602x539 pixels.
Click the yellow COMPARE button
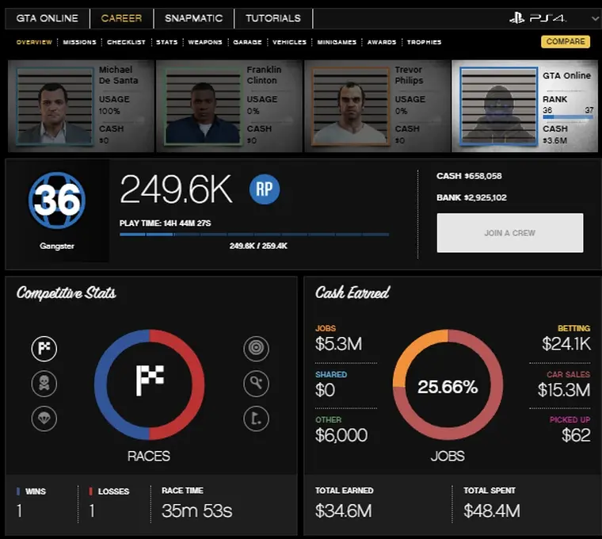tap(566, 41)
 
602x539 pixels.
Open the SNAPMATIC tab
tap(193, 18)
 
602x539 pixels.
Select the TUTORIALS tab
tap(272, 18)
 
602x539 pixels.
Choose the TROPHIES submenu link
tap(424, 42)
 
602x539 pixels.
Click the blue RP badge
tap(265, 189)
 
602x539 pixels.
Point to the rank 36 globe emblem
tap(56, 201)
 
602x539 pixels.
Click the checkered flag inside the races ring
tap(149, 380)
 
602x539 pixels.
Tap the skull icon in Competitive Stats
tap(44, 384)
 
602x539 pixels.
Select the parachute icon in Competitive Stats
tap(44, 418)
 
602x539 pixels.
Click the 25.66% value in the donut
tap(448, 388)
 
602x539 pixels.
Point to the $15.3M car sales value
tap(563, 389)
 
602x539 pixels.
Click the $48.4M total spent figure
tap(491, 510)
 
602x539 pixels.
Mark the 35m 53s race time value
tap(196, 510)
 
